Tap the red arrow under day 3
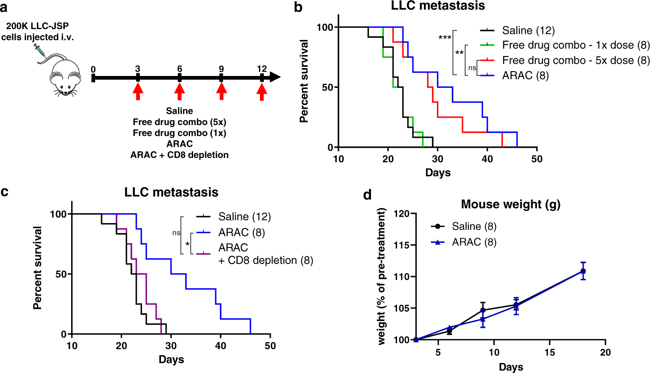(138, 91)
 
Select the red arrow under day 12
(261, 91)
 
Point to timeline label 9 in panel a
(221, 69)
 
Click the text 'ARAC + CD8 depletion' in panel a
(179, 155)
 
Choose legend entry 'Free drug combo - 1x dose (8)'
(575, 45)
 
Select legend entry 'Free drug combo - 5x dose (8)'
(575, 60)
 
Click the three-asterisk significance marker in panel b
(445, 38)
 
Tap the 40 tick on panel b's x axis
(487, 159)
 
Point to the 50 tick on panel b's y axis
(328, 87)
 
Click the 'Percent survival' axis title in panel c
(38, 268)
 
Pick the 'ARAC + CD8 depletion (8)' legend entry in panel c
(265, 254)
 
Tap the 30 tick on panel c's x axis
(171, 346)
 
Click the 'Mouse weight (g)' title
(510, 205)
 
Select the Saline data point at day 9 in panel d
(483, 310)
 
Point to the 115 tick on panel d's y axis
(401, 245)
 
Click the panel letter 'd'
(368, 195)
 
